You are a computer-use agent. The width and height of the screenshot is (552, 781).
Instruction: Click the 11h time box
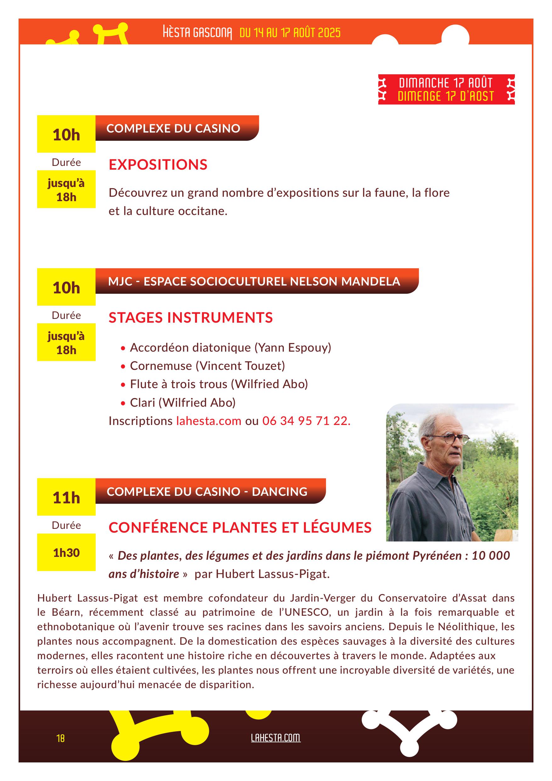tap(66, 498)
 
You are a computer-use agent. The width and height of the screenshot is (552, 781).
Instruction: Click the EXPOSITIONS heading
tap(158, 165)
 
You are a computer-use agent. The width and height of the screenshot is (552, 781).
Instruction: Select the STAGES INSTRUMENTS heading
tap(190, 318)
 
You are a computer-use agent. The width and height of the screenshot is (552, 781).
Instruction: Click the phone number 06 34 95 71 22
tap(306, 421)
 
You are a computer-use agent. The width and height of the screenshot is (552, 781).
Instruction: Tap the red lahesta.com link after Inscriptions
tap(208, 421)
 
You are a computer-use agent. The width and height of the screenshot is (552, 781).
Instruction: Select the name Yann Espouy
tap(293, 348)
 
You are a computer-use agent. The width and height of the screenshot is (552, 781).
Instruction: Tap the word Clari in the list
tap(143, 403)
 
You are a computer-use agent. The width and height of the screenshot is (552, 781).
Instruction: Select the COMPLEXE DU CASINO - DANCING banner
tap(207, 491)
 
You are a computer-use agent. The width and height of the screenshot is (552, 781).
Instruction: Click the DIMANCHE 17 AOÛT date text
tap(446, 83)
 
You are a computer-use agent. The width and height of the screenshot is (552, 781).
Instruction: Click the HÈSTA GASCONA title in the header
tap(197, 33)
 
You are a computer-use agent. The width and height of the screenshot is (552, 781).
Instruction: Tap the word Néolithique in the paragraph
tap(469, 626)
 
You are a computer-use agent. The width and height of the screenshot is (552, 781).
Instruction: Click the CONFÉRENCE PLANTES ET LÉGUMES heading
tap(240, 528)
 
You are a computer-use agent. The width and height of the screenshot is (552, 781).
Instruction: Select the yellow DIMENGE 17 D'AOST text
tap(446, 96)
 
